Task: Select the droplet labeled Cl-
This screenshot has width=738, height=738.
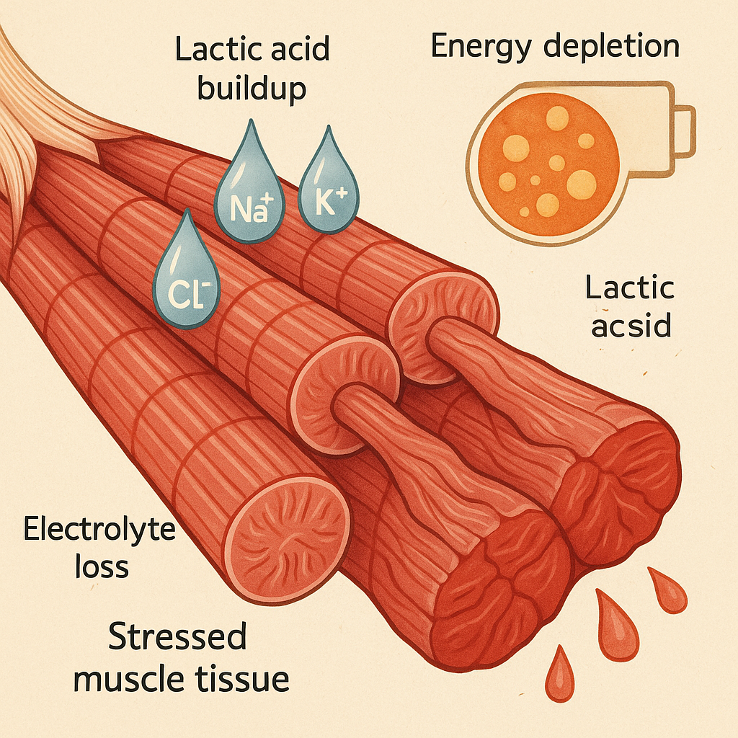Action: [187, 277]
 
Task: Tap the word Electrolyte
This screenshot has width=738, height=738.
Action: [99, 530]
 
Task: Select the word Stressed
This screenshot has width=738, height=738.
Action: [178, 638]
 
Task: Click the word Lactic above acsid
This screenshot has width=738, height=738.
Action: [630, 288]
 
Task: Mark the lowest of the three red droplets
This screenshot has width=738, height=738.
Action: [559, 676]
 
